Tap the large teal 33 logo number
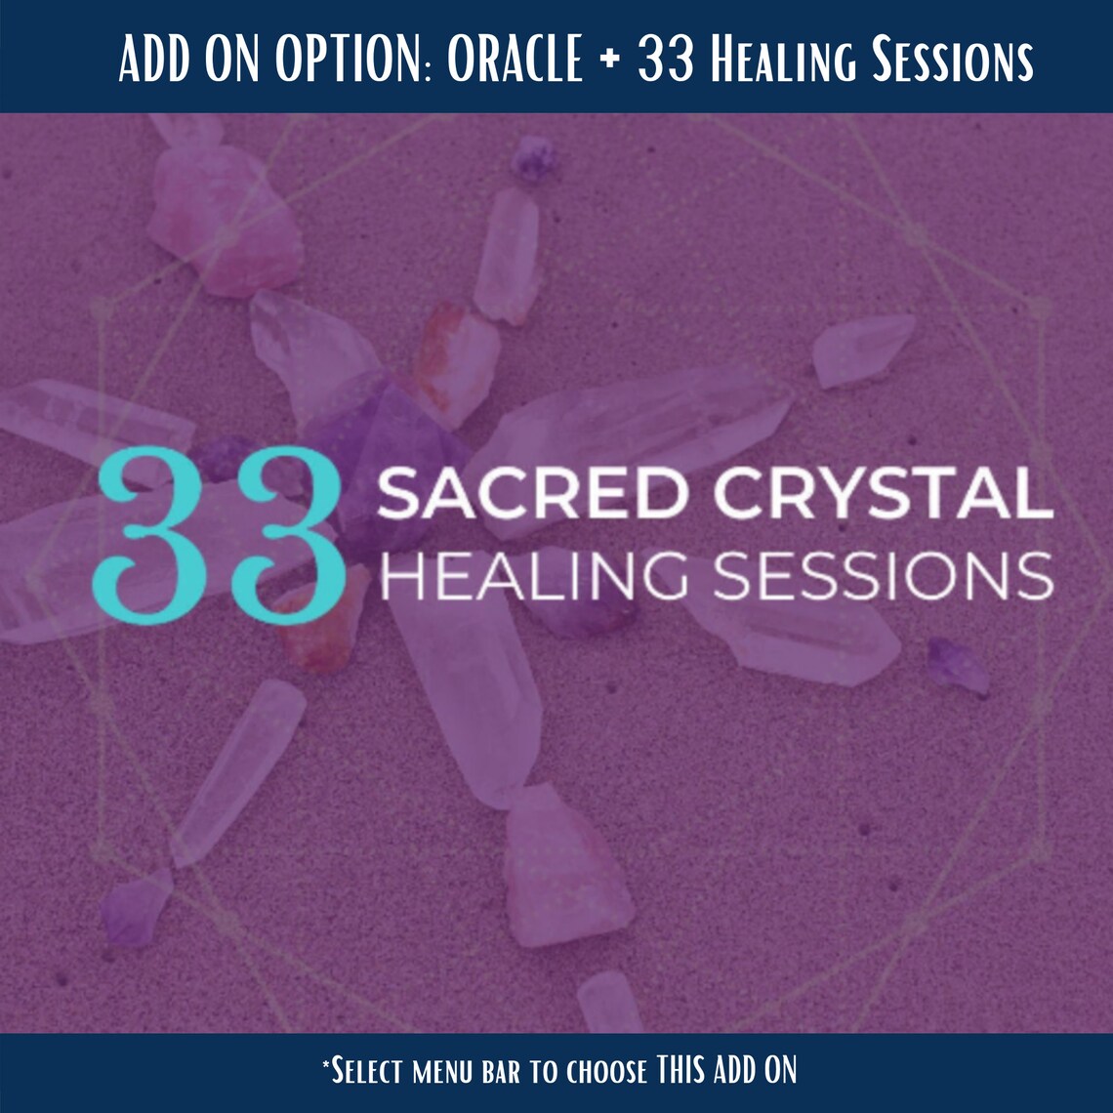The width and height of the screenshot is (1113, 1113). click(x=217, y=529)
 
